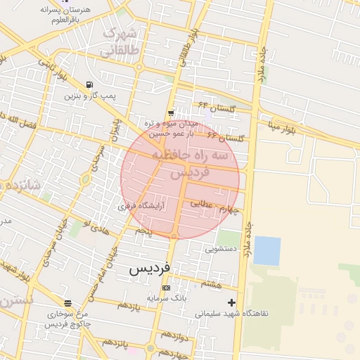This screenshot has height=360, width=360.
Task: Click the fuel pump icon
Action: click(89, 84)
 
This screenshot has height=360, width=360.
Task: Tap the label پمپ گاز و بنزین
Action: click(90, 95)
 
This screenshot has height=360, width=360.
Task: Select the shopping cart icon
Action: click(171, 113)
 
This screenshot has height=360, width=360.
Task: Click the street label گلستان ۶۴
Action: click(214, 106)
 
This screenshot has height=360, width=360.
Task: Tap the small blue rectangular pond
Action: click(267, 250)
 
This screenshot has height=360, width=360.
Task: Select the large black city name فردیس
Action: click(149, 269)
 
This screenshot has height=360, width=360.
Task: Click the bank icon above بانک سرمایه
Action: click(166, 288)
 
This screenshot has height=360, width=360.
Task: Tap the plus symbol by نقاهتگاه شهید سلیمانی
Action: click(231, 302)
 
